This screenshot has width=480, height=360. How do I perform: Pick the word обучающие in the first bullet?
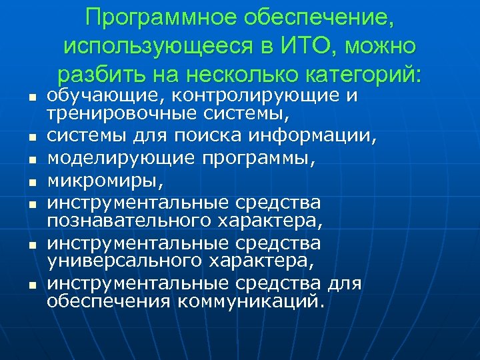pyautogui.click(x=93, y=97)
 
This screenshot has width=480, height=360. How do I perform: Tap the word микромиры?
pyautogui.click(x=103, y=181)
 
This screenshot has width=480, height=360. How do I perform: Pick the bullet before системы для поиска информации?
pyautogui.click(x=31, y=139)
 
